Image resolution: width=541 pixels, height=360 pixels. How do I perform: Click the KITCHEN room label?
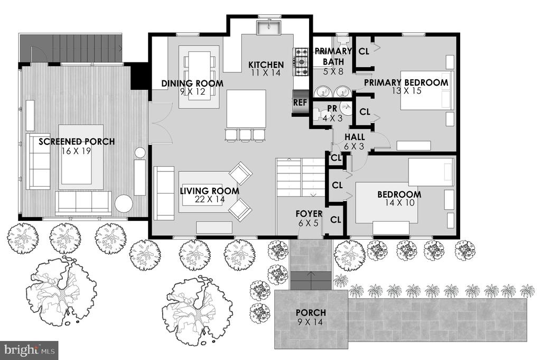pyautogui.click(x=266, y=64)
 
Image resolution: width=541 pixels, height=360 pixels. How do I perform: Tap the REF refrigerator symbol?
pyautogui.click(x=300, y=103)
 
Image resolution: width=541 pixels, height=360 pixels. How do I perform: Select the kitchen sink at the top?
pyautogui.click(x=269, y=27)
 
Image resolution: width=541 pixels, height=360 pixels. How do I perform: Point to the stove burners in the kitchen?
pyautogui.click(x=301, y=62)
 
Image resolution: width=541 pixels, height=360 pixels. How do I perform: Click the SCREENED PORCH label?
pyautogui.click(x=77, y=142)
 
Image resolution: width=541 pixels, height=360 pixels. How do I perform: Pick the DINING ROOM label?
pyautogui.click(x=192, y=83)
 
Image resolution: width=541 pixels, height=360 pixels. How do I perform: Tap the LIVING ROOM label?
pyautogui.click(x=209, y=191)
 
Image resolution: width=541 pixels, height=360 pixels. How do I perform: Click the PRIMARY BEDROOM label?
pyautogui.click(x=406, y=82)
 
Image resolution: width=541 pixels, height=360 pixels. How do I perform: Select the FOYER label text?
pyautogui.click(x=309, y=214)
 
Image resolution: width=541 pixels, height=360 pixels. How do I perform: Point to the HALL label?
pyautogui.click(x=355, y=137)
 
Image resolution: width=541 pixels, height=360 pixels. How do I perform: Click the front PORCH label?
pyautogui.click(x=311, y=313)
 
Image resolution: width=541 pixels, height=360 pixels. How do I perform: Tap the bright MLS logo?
pyautogui.click(x=29, y=350)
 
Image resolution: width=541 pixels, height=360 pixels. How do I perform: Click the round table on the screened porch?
pyautogui.click(x=124, y=204)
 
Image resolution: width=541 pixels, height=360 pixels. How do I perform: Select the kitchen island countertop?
pyautogui.click(x=246, y=109)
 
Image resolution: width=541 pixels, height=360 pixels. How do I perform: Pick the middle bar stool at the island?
pyautogui.click(x=245, y=135)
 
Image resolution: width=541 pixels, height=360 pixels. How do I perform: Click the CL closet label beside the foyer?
pyautogui.click(x=335, y=220)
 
